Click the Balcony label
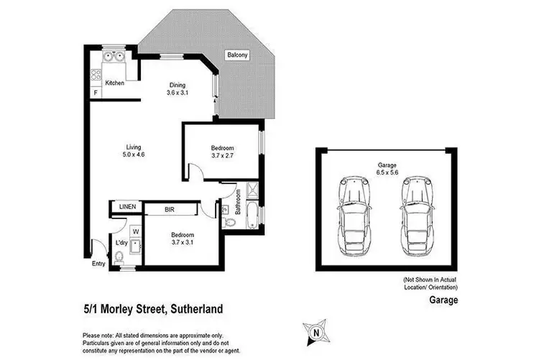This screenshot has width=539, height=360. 238,54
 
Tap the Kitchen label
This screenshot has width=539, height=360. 115,83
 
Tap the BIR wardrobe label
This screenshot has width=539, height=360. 170,210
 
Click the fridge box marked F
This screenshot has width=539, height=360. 96,92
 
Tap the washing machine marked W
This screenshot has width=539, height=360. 134,231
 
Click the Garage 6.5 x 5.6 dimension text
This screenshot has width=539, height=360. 387,170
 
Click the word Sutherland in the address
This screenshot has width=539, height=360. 195,310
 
